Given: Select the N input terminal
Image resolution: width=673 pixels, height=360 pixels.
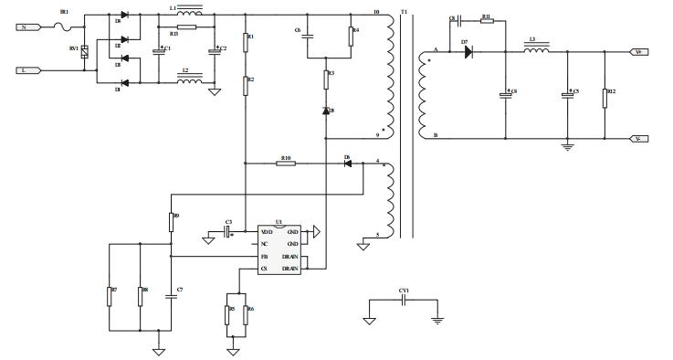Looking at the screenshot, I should pyautogui.click(x=28, y=27).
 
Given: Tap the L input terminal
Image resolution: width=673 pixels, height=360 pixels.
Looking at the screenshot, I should pyautogui.click(x=28, y=69).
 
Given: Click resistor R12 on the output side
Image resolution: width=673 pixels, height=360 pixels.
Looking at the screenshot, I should pyautogui.click(x=605, y=98).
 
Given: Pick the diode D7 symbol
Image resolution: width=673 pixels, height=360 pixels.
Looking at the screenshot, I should pyautogui.click(x=468, y=52).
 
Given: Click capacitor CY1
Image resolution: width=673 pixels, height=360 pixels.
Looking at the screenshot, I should pyautogui.click(x=403, y=302).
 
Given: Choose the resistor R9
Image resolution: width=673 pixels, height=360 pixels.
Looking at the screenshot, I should pyautogui.click(x=172, y=222).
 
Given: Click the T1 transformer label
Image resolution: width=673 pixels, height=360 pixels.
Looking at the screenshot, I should pyautogui.click(x=405, y=12).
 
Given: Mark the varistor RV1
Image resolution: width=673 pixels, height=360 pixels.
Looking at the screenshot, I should pyautogui.click(x=84, y=52).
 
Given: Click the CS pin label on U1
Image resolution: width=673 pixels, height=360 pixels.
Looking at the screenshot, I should pyautogui.click(x=264, y=269).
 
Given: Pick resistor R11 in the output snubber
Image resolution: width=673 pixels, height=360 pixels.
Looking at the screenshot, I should pyautogui.click(x=486, y=21).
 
